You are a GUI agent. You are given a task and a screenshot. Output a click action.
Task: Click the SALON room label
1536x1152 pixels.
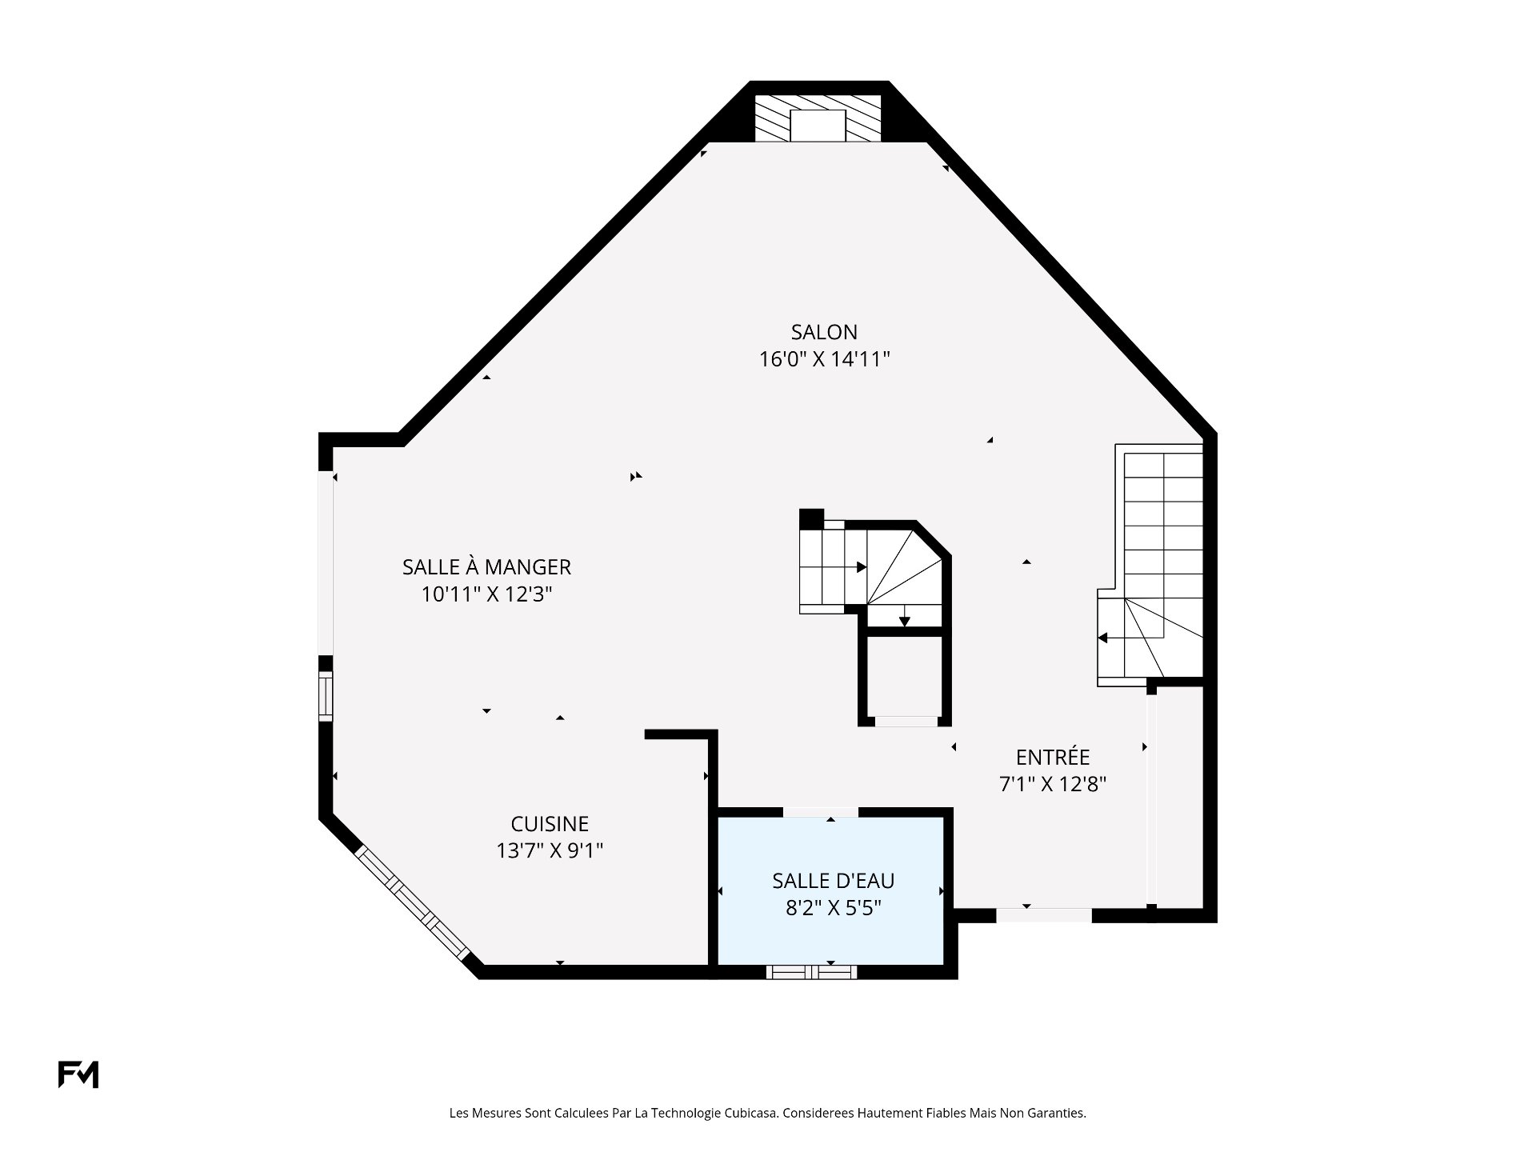point(824,332)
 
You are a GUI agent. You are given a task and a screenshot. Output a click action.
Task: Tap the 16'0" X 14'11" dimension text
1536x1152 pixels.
point(825,359)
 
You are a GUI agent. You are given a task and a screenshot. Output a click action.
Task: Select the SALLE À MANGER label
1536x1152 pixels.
point(486,567)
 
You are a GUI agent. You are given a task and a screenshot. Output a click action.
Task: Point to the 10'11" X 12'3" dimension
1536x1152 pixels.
point(487,594)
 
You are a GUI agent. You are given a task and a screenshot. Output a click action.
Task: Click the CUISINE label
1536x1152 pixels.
point(550,824)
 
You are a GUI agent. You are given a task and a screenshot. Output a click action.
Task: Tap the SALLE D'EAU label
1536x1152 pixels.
point(833,881)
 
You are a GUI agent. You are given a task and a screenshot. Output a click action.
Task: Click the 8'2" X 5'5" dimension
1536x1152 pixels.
point(833,908)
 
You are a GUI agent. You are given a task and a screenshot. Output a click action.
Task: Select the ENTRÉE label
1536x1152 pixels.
point(1053,757)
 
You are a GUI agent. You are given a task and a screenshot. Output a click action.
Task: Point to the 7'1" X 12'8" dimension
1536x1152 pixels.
point(1053,784)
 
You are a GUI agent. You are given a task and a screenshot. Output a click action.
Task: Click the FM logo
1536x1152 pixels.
point(78,1074)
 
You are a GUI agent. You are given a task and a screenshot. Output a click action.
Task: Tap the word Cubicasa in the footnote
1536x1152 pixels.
point(750,1113)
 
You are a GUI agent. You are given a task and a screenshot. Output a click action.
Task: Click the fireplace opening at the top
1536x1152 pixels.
point(818,126)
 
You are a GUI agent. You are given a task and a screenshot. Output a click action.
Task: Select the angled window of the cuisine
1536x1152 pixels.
point(413,902)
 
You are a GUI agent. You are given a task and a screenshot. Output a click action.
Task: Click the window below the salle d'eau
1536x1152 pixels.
point(811,972)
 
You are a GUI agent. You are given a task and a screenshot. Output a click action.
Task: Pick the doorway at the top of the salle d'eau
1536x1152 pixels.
point(821,812)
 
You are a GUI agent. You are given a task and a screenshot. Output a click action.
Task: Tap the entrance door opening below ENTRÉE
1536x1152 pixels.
point(1044,915)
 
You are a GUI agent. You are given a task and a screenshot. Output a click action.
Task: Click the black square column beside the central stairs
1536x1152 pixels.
point(811,518)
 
